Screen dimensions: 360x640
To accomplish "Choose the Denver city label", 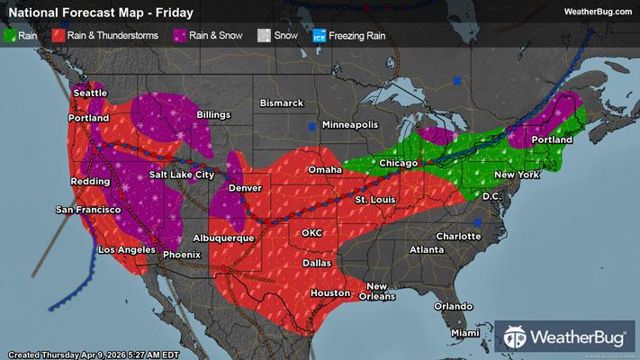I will [x=246, y=188].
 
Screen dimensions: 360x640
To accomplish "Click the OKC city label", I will [x=311, y=232].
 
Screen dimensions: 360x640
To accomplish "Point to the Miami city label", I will [x=465, y=333].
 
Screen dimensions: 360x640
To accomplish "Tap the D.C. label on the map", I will [x=491, y=195].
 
